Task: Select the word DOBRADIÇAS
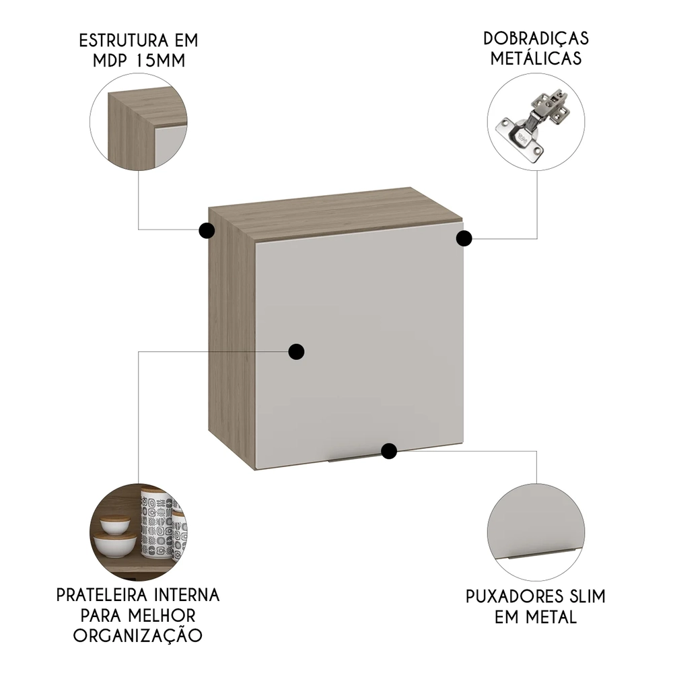coord(536,38)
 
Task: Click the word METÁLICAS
coord(536,59)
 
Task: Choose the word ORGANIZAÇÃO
coord(139,635)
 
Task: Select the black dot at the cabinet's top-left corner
coord(207,231)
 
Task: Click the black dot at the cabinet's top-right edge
coord(464,238)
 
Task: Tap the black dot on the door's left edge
coord(296,351)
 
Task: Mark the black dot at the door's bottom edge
coord(388,451)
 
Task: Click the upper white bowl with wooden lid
coord(114,524)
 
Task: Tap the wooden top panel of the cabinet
coord(336,212)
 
